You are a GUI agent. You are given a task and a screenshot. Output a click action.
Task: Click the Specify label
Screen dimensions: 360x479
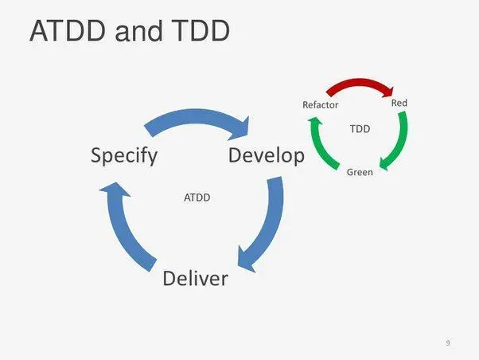click(x=123, y=155)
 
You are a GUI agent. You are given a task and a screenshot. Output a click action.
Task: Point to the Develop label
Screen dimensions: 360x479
click(x=266, y=155)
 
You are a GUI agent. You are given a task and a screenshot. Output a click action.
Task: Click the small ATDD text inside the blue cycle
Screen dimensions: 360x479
click(x=197, y=197)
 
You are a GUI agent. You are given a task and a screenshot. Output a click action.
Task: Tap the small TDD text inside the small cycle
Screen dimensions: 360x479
click(x=360, y=127)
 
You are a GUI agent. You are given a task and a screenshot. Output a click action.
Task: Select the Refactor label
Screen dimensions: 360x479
click(x=321, y=105)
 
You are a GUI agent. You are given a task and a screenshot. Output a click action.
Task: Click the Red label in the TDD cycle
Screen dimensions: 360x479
click(x=399, y=103)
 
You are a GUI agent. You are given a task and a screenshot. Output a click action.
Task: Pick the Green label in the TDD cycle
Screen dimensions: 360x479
click(x=360, y=172)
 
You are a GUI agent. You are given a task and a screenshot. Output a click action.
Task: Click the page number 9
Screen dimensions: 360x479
click(x=448, y=342)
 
